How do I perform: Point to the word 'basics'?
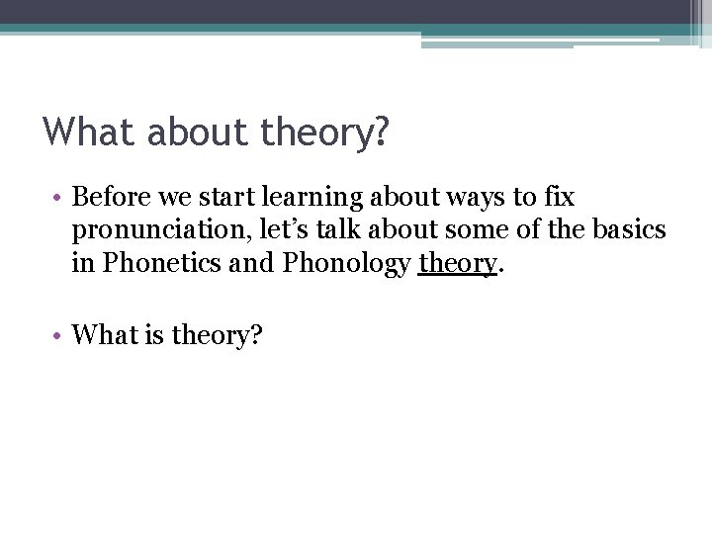click(x=628, y=229)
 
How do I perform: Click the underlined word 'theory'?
click(x=456, y=264)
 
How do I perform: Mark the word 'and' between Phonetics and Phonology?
click(x=255, y=263)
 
